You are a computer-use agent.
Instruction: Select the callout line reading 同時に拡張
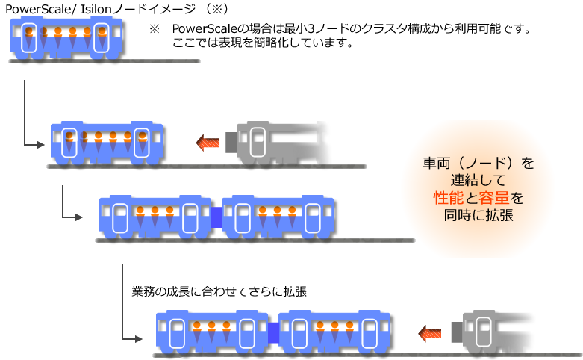478,215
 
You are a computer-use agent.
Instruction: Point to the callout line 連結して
478,180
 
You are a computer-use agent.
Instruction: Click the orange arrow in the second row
208,142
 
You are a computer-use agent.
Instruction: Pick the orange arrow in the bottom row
430,333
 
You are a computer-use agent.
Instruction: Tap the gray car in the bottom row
496,333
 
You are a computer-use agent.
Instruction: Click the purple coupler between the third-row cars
216,216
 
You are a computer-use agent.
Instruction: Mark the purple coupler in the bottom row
273,332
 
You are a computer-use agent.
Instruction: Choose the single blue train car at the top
66,37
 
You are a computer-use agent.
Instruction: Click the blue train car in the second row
107,142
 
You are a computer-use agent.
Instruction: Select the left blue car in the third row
155,217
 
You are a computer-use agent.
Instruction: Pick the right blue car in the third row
278,217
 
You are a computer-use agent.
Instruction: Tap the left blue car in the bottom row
212,332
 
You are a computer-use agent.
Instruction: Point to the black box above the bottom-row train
218,293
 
